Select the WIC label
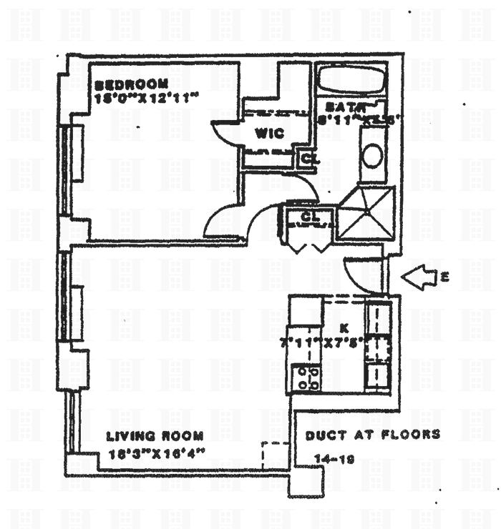[x=268, y=133]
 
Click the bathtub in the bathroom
[x=352, y=80]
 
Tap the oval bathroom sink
[x=373, y=155]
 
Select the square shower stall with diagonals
[x=366, y=212]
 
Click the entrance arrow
[x=421, y=277]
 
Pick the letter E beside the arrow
[x=444, y=277]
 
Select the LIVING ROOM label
[x=155, y=435]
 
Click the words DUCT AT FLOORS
[x=372, y=435]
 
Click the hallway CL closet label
[x=308, y=216]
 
